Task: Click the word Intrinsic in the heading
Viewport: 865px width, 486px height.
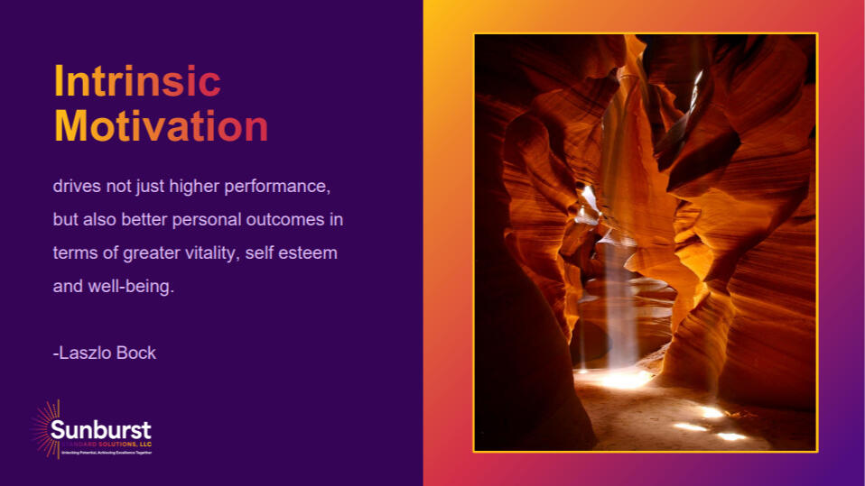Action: pyautogui.click(x=137, y=82)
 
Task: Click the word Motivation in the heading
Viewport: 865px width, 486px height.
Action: pyautogui.click(x=161, y=126)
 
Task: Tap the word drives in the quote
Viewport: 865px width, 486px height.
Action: pyautogui.click(x=76, y=187)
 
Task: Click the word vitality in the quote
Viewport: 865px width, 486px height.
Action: pyautogui.click(x=209, y=253)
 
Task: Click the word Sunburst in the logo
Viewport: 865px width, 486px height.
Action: pyautogui.click(x=100, y=429)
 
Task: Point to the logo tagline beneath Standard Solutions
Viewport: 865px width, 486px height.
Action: pyautogui.click(x=107, y=452)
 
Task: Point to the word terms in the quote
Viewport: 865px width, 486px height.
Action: pyautogui.click(x=73, y=253)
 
